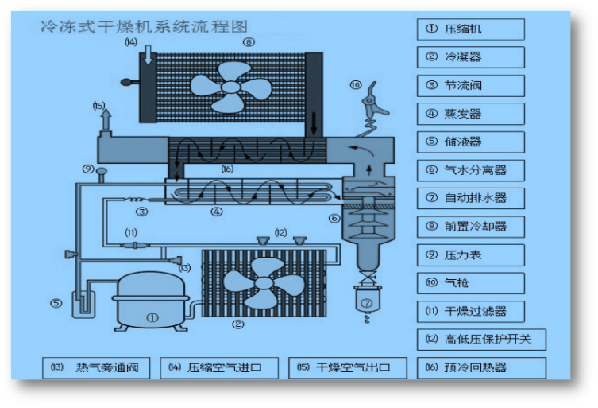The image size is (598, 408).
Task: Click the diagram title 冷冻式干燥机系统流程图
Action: click(x=145, y=26)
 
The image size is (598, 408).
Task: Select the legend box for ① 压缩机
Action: click(x=470, y=29)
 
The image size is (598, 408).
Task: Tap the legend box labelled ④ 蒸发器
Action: click(x=470, y=114)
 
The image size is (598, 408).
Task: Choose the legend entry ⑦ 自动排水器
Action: click(x=470, y=198)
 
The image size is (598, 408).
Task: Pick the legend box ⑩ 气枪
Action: click(x=470, y=283)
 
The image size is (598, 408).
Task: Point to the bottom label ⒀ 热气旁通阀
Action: click(x=97, y=367)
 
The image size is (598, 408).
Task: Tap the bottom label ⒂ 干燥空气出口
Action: click(x=347, y=367)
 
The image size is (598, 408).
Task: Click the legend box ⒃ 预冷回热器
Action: click(x=481, y=367)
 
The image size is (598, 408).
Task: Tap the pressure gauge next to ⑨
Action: click(x=101, y=170)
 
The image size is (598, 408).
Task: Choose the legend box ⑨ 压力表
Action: click(x=470, y=255)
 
